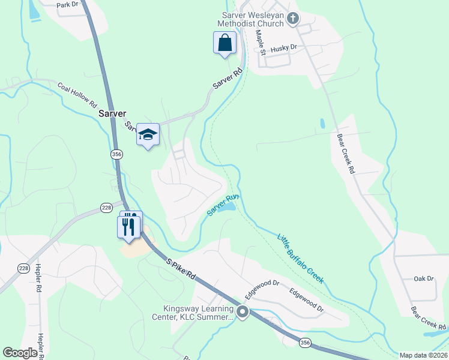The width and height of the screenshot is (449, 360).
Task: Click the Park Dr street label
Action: click(67, 5)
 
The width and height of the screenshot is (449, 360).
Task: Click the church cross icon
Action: click(293, 19)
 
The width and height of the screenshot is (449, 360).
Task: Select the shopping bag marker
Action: click(224, 43)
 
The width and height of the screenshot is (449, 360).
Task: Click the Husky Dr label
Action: click(284, 47)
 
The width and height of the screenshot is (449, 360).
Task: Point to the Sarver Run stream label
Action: click(223, 205)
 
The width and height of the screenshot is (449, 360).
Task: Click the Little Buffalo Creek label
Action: click(300, 259)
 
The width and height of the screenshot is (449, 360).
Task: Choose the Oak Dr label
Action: click(423, 278)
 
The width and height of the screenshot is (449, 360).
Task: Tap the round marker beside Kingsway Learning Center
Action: click(243, 312)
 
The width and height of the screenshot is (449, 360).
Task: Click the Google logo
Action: click(20, 352)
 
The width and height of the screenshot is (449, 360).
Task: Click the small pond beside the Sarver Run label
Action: click(227, 208)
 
